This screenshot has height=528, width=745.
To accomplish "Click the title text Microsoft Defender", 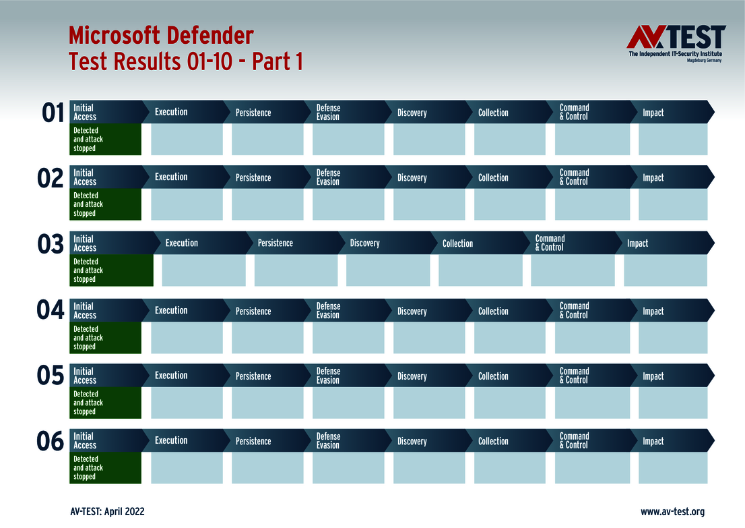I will [161, 34].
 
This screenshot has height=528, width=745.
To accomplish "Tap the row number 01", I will [53, 113].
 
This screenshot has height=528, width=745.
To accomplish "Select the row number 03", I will [51, 244].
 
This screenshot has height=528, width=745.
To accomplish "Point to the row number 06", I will [51, 442].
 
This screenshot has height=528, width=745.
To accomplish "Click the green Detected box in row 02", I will [106, 204].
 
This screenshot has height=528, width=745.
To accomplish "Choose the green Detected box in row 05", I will [106, 403].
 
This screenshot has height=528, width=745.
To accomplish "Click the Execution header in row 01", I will [171, 112].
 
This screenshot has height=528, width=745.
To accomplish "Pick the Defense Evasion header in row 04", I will [328, 311].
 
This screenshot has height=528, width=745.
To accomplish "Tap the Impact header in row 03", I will [637, 243].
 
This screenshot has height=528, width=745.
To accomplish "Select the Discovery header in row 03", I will [364, 243].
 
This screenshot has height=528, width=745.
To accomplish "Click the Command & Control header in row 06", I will [574, 441].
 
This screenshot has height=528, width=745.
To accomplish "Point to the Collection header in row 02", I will [493, 178].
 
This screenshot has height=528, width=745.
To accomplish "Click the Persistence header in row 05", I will [253, 376].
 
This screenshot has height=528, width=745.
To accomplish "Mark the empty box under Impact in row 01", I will [673, 139].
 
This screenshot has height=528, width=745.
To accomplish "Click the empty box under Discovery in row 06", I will [429, 468].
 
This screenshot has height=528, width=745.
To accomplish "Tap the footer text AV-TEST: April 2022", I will [107, 512].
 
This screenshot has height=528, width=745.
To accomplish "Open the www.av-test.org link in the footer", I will [672, 512].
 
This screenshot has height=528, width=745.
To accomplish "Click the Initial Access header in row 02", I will [85, 177].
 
